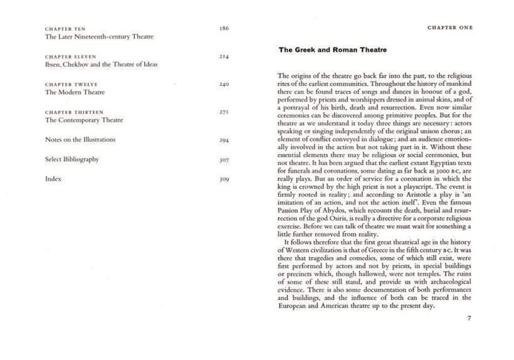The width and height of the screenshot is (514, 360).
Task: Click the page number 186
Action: tap(224, 28)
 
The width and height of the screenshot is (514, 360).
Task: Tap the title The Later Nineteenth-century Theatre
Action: tap(99, 37)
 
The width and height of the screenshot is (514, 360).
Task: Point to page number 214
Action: tap(224, 56)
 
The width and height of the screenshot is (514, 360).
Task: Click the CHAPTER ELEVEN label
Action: tap(70, 56)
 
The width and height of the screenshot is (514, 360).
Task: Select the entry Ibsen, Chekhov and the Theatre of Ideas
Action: tap(101, 65)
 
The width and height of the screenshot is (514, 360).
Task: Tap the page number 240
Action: tap(224, 84)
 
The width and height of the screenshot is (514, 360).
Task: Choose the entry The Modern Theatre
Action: tap(75, 92)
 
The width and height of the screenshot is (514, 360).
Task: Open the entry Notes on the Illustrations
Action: tap(80, 139)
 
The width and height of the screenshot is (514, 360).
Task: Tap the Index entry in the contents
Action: tap(53, 179)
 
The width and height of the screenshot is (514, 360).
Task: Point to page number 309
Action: tap(224, 179)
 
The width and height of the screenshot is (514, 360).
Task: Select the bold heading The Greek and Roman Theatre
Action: tap(332, 49)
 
